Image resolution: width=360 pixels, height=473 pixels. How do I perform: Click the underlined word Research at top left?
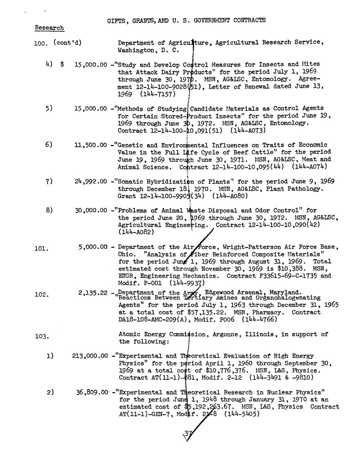coord(49,28)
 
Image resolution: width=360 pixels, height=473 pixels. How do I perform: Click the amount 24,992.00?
coord(91,182)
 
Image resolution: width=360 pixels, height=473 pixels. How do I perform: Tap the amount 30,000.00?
coord(91,211)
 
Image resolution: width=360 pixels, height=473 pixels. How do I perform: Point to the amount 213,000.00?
coord(90,356)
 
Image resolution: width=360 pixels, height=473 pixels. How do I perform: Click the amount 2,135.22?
coord(93,293)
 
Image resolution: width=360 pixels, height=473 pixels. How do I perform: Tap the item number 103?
coord(42,336)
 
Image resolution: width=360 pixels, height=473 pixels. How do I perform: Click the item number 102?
coord(42,294)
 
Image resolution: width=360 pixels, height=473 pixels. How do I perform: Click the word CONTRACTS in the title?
coord(249,20)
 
